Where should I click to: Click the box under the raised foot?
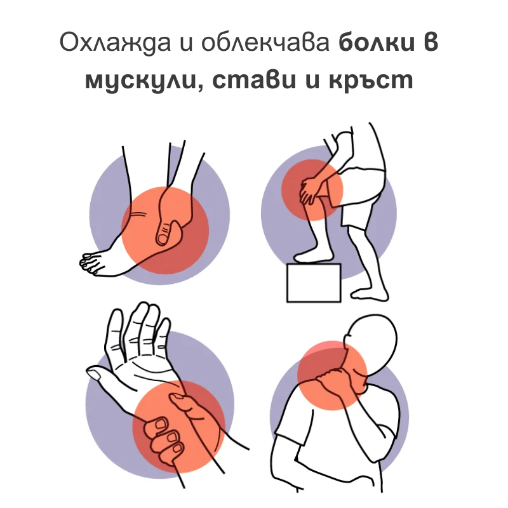coord(314,283)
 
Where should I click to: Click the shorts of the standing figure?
coord(362,197)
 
